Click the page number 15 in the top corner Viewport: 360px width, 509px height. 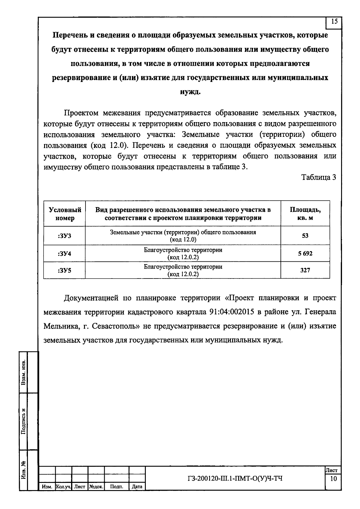(334, 22)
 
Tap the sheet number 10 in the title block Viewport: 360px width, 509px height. (333, 479)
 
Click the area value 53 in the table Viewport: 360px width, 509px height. (305, 236)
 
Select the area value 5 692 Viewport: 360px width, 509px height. (305, 254)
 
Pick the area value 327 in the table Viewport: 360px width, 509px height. (305, 270)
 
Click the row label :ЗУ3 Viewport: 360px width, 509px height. (64, 236)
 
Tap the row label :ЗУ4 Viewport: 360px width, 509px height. (64, 254)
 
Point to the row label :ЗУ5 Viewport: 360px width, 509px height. (64, 270)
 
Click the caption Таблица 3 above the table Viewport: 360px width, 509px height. (319, 178)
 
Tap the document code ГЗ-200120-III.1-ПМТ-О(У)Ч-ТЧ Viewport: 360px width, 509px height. (235, 478)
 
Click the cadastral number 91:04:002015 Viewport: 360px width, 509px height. (231, 312)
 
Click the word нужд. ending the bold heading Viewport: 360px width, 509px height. (190, 92)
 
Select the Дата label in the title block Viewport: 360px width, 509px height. (137, 487)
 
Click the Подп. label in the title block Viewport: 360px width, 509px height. (117, 487)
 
